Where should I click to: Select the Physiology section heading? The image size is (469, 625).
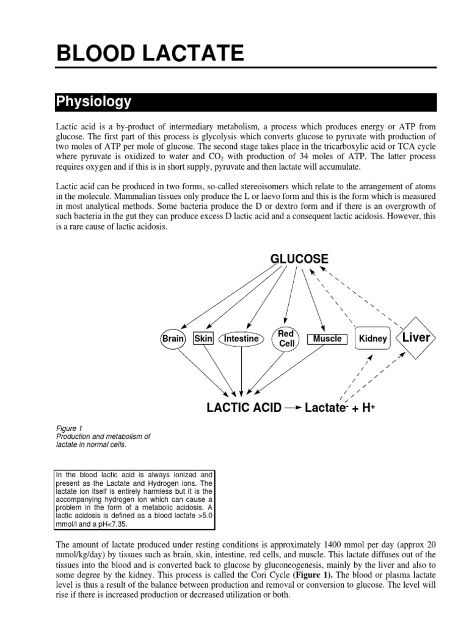tap(93, 101)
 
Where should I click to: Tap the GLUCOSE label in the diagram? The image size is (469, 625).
tap(299, 258)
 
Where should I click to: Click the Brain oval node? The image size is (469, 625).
tap(173, 339)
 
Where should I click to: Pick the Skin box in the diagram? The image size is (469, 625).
tap(203, 339)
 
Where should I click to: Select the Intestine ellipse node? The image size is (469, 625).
tap(242, 339)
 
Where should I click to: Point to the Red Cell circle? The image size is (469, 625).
tap(286, 339)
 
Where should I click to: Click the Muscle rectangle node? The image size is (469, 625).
tap(327, 339)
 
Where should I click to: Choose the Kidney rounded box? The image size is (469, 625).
tap(373, 339)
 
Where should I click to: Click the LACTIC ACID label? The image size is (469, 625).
tap(244, 408)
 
